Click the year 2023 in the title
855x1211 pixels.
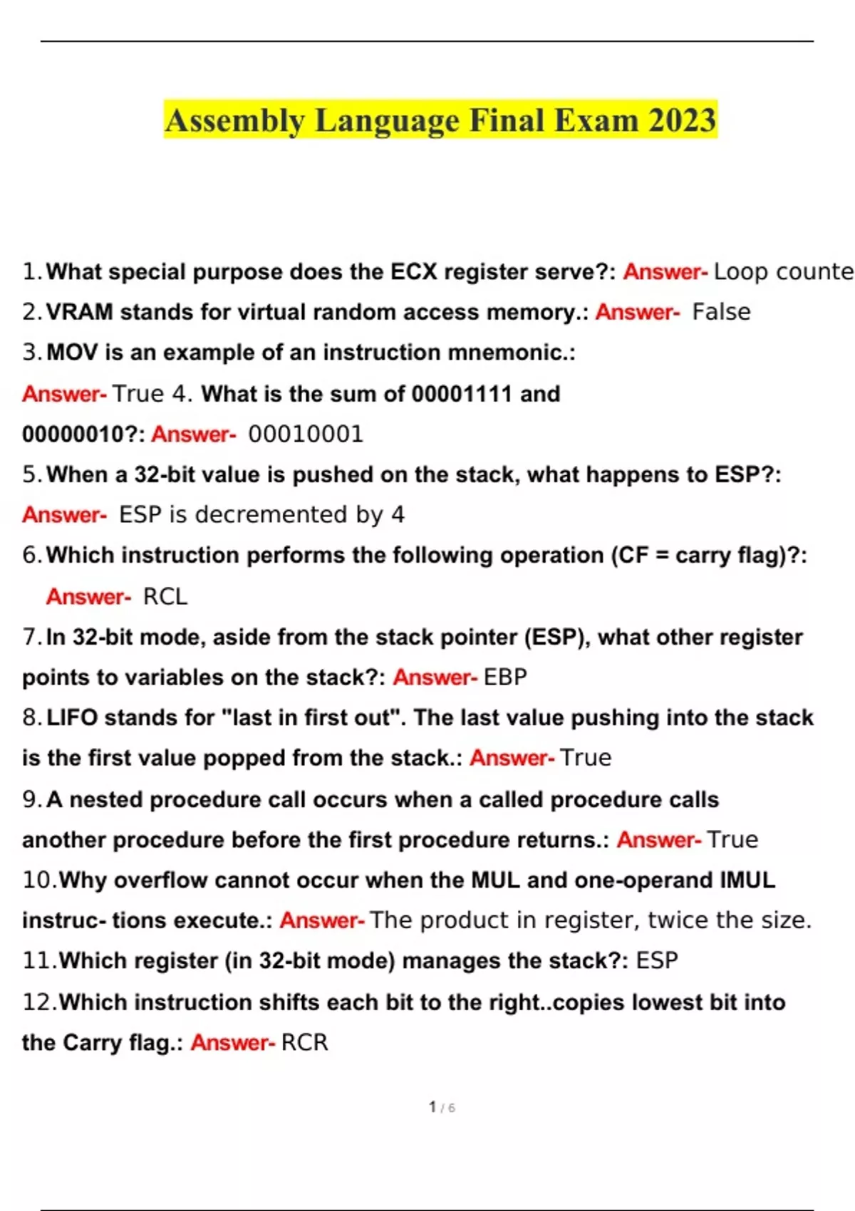(681, 120)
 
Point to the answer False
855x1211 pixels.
(721, 312)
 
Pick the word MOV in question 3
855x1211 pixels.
(71, 353)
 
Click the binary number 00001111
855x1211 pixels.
(462, 393)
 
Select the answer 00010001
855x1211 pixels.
(306, 434)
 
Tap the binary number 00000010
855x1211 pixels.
(73, 434)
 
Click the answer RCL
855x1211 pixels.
(165, 596)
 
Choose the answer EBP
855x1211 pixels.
(505, 677)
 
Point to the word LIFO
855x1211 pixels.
(71, 717)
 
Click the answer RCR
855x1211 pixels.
(305, 1042)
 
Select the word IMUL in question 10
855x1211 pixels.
(747, 880)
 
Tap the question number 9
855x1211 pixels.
(30, 799)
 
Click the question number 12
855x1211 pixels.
(37, 1002)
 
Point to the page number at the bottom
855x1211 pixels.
(441, 1107)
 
